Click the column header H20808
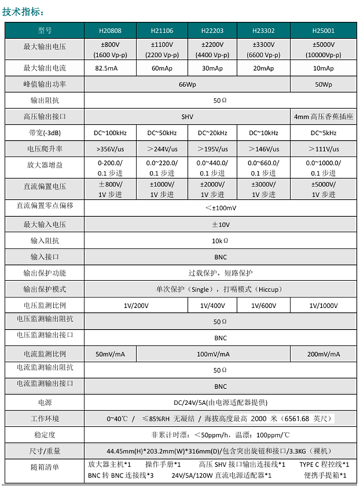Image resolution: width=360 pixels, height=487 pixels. click(x=110, y=30)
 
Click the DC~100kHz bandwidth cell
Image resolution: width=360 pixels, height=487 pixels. click(x=110, y=133)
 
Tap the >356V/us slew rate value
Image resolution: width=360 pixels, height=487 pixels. click(x=110, y=149)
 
